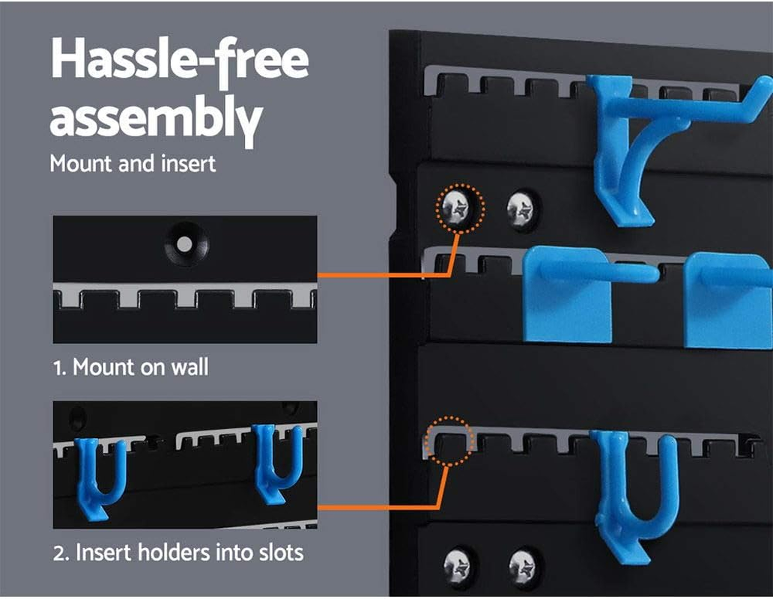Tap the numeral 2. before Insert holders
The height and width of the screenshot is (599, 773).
[61, 553]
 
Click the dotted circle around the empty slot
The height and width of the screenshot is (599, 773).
[448, 442]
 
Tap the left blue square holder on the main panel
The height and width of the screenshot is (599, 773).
[567, 296]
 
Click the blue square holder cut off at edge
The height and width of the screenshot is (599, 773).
[728, 299]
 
